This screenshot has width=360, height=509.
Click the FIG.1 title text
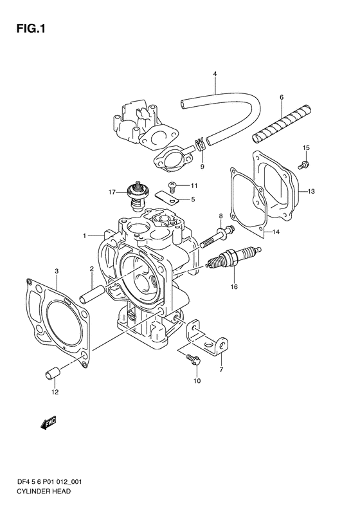click(x=31, y=29)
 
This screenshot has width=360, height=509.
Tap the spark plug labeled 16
click(x=233, y=258)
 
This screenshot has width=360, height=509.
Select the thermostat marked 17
click(x=136, y=195)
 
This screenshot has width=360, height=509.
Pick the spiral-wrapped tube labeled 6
click(x=282, y=124)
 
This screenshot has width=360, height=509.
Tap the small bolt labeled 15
click(x=303, y=165)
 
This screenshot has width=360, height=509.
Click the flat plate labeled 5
click(x=166, y=198)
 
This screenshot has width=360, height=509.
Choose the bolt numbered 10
click(x=194, y=359)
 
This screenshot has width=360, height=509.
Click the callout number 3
click(x=57, y=270)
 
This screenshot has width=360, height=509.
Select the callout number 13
click(x=311, y=191)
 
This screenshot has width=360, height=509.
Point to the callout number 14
click(x=276, y=232)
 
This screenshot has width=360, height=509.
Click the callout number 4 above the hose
click(x=215, y=74)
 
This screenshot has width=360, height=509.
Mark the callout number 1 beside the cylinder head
click(x=84, y=236)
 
